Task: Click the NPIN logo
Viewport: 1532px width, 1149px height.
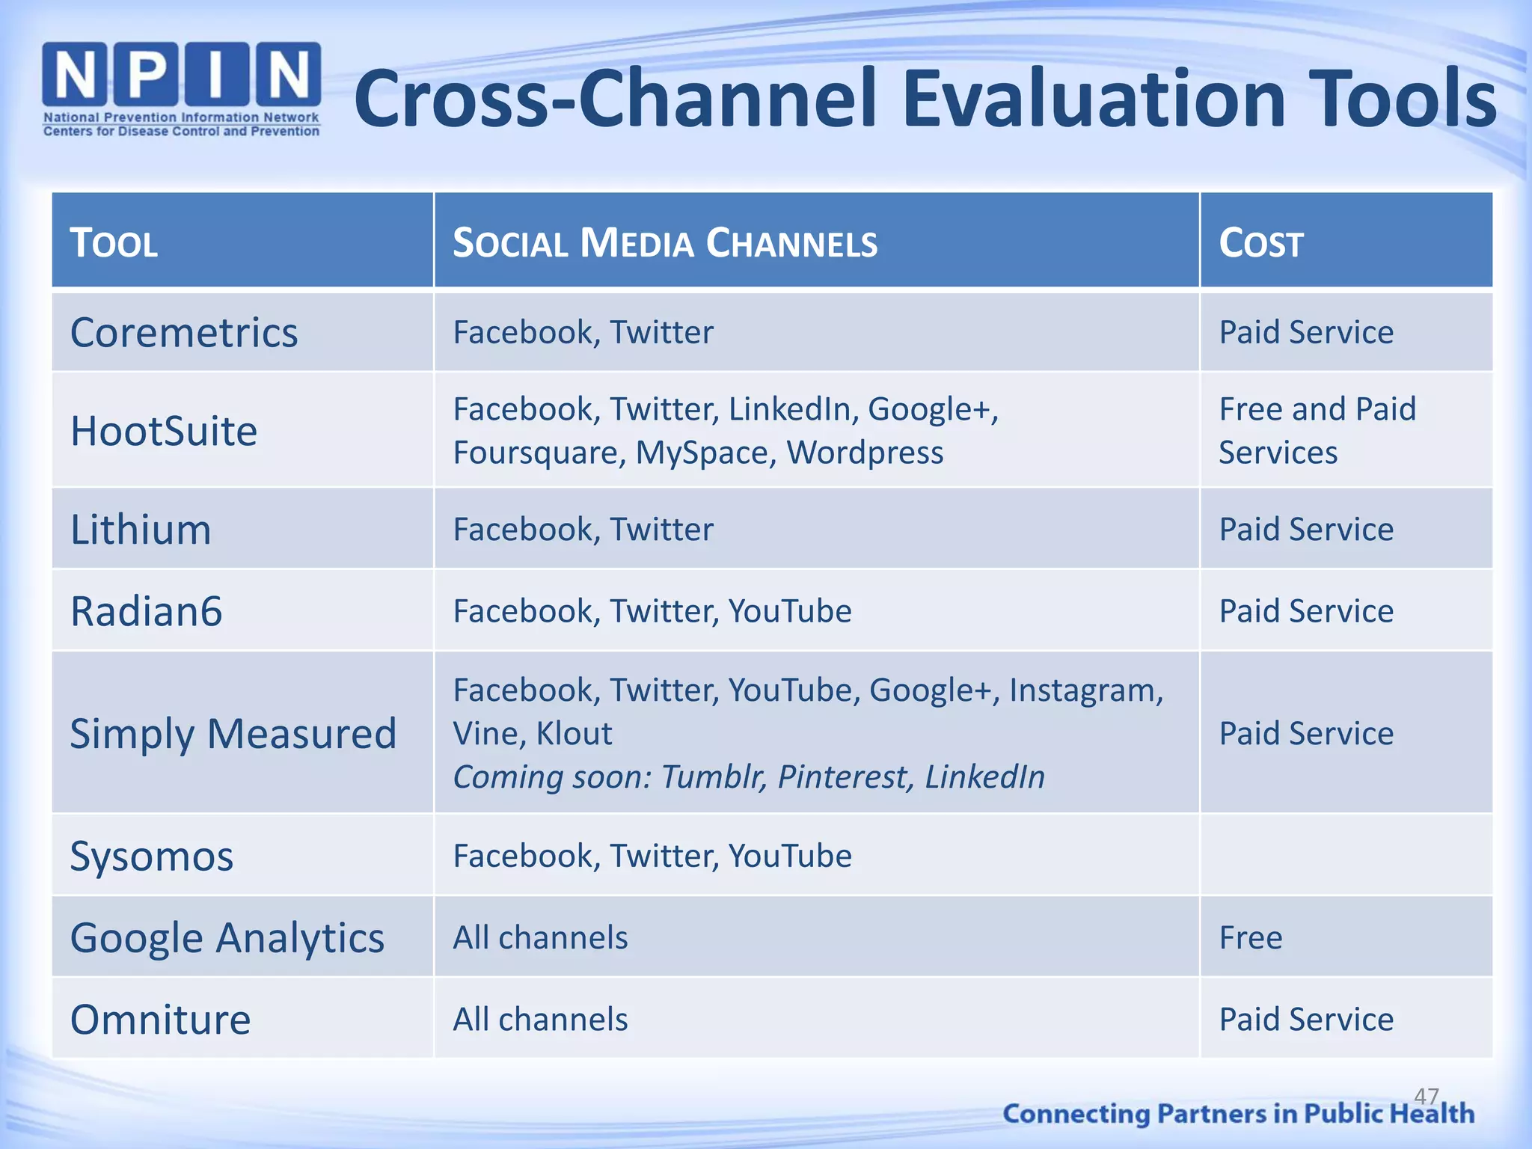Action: [181, 89]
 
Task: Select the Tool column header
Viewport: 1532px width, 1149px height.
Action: [114, 243]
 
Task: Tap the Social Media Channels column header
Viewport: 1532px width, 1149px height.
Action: [665, 243]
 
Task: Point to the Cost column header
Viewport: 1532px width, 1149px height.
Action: [1261, 243]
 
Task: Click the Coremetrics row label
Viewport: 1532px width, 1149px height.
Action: [184, 333]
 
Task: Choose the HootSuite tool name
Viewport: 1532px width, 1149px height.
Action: [164, 432]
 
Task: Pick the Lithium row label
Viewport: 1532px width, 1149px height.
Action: [141, 530]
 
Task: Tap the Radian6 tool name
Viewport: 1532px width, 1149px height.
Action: [147, 611]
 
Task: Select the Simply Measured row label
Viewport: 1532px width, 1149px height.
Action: [233, 734]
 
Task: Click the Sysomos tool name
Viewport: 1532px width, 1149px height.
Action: [152, 857]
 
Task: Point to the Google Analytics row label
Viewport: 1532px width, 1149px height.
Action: [227, 938]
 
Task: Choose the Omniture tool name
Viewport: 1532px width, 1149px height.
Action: [160, 1020]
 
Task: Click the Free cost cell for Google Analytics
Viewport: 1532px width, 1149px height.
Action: [1251, 938]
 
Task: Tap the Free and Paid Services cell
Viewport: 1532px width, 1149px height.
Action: [1317, 431]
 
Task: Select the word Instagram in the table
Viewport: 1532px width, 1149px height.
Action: [1085, 690]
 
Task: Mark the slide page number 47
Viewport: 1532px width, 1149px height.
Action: [1427, 1097]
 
